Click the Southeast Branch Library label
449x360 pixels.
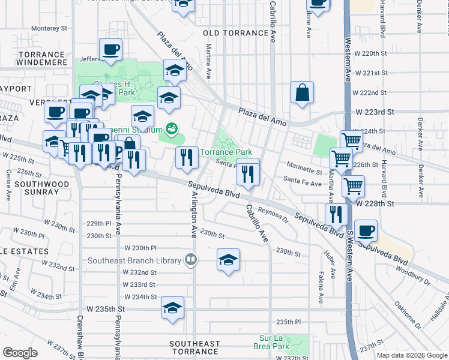(x=134, y=260)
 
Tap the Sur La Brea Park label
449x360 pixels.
(x=274, y=342)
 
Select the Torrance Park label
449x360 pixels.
(x=226, y=152)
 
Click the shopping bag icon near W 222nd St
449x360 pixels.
(x=303, y=93)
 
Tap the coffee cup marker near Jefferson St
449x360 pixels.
(x=110, y=50)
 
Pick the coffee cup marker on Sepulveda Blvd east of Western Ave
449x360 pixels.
(x=366, y=230)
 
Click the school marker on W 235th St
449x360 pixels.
(x=172, y=308)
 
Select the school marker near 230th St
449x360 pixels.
(x=228, y=260)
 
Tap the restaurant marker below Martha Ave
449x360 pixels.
(x=336, y=214)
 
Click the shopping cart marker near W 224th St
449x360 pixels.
(x=351, y=141)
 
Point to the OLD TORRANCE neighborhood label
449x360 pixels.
(x=235, y=33)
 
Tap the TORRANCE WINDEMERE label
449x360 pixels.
(x=41, y=58)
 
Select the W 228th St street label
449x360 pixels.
(x=375, y=204)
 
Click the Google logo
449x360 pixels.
(x=19, y=353)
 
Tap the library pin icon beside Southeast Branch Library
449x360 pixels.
(x=191, y=260)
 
